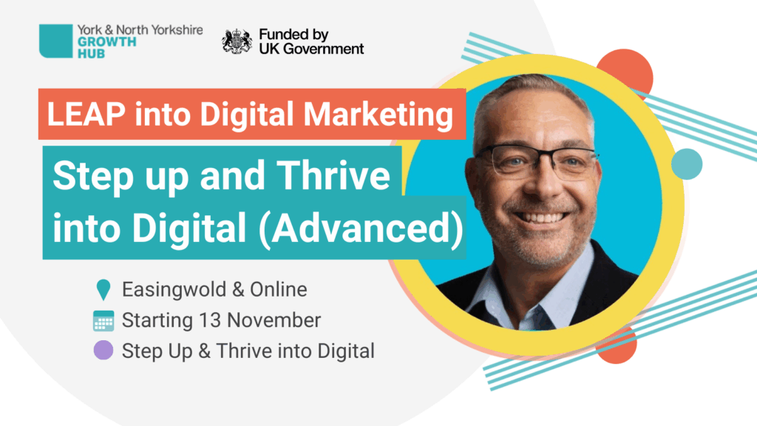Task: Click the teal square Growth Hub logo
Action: coord(55,41)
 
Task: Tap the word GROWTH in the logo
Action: coord(106,42)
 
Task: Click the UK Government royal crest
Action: coord(237,41)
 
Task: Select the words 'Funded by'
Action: coord(293,35)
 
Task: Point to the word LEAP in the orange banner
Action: coord(86,115)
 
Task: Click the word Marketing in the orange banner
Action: coord(378,115)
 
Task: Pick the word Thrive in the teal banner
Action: coord(333,175)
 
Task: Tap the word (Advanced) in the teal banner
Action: coord(361,228)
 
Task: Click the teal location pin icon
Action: coord(103,290)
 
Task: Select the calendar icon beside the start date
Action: coord(103,321)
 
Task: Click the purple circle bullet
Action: coord(103,350)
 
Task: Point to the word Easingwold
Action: coord(174,290)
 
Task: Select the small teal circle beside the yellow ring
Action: coord(687,164)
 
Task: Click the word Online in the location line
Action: coord(278,290)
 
